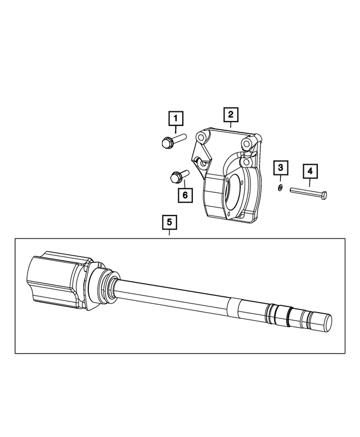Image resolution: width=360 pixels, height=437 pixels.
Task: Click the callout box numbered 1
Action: [176, 119]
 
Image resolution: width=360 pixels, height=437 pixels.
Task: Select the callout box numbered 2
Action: [230, 115]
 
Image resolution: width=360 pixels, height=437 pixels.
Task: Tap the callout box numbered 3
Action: [281, 168]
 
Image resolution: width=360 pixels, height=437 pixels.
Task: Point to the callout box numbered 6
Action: [183, 195]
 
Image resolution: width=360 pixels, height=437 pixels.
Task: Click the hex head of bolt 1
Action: [166, 142]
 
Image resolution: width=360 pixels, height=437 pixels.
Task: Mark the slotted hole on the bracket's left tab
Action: [199, 162]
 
